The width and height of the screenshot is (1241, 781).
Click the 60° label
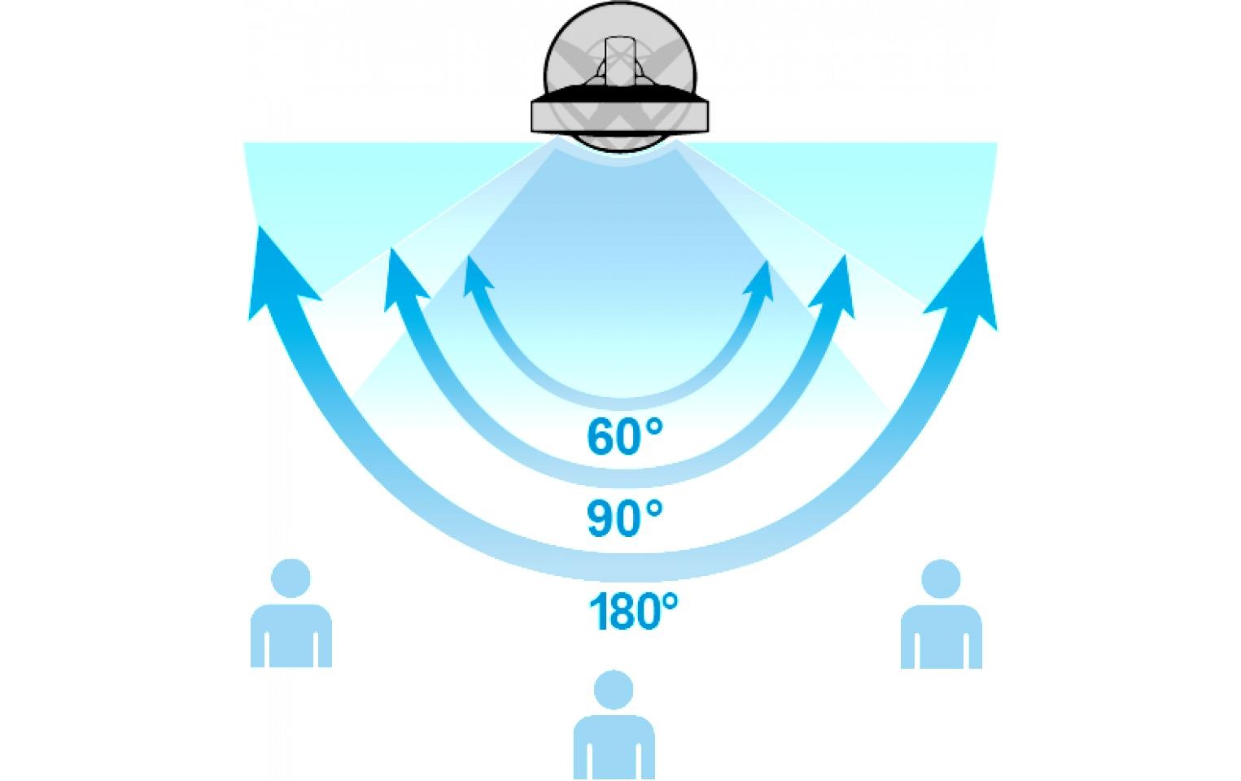click(624, 437)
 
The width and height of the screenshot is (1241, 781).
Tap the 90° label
click(624, 517)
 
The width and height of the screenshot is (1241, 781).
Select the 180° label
click(633, 610)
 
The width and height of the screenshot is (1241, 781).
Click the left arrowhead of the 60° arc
click(477, 275)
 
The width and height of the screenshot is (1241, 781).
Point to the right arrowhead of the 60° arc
click(760, 280)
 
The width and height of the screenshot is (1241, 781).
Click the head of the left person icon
click(291, 578)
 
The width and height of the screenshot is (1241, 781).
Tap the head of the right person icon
click(941, 579)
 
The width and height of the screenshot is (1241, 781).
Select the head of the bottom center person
click(614, 690)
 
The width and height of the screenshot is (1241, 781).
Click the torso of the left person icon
click(291, 636)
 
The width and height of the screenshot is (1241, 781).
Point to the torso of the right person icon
click(942, 637)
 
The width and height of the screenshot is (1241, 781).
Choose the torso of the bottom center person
click(614, 747)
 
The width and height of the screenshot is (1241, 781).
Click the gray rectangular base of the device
click(619, 116)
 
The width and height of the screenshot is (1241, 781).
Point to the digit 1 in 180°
click(597, 611)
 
